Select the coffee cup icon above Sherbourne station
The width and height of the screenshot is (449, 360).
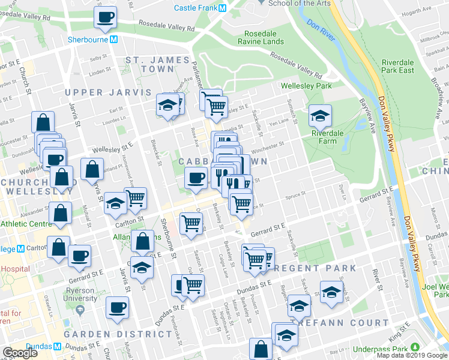[105, 16]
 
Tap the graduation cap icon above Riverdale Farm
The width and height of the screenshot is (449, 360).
[320, 115]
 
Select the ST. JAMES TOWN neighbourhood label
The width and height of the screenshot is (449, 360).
[157, 65]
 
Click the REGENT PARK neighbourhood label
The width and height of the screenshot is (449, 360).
[317, 268]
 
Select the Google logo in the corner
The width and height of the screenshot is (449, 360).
[20, 353]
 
